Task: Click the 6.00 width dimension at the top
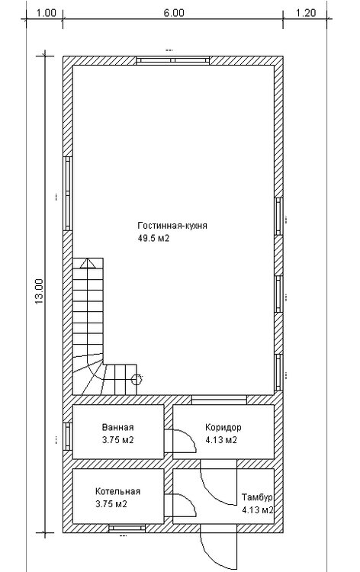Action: [174, 13]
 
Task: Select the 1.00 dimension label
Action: [47, 13]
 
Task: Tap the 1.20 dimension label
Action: [305, 13]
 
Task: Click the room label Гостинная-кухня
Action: [172, 226]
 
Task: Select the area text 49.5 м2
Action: [153, 239]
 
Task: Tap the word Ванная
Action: [117, 427]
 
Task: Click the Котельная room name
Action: [117, 491]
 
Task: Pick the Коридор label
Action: [223, 427]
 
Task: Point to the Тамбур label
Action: [257, 497]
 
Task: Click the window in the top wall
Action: [173, 60]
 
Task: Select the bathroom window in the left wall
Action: [68, 437]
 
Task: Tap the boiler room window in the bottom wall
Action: [127, 528]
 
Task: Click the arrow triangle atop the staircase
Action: [88, 263]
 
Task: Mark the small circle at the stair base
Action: [136, 380]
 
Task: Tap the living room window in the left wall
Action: [68, 194]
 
